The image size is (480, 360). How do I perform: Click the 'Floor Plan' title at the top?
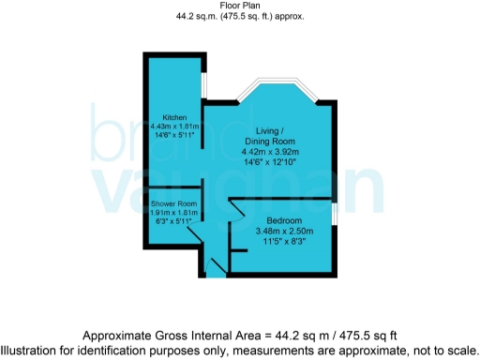pos(240,7)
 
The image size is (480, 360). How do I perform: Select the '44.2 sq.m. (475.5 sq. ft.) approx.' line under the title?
pos(240,17)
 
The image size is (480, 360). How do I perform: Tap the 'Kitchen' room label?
pos(174,117)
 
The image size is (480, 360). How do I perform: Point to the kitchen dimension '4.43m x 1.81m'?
pos(174,127)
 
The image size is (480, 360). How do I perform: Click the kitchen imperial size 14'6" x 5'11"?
pos(174,136)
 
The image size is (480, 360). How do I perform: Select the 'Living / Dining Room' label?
pos(270,135)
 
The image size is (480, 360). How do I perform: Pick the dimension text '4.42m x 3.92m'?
pos(270,151)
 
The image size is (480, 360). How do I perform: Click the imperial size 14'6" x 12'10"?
pos(270,162)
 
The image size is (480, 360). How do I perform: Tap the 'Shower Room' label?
pos(173,204)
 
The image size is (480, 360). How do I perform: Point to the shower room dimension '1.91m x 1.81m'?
pos(173,214)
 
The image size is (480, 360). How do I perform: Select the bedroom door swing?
pos(237,208)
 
